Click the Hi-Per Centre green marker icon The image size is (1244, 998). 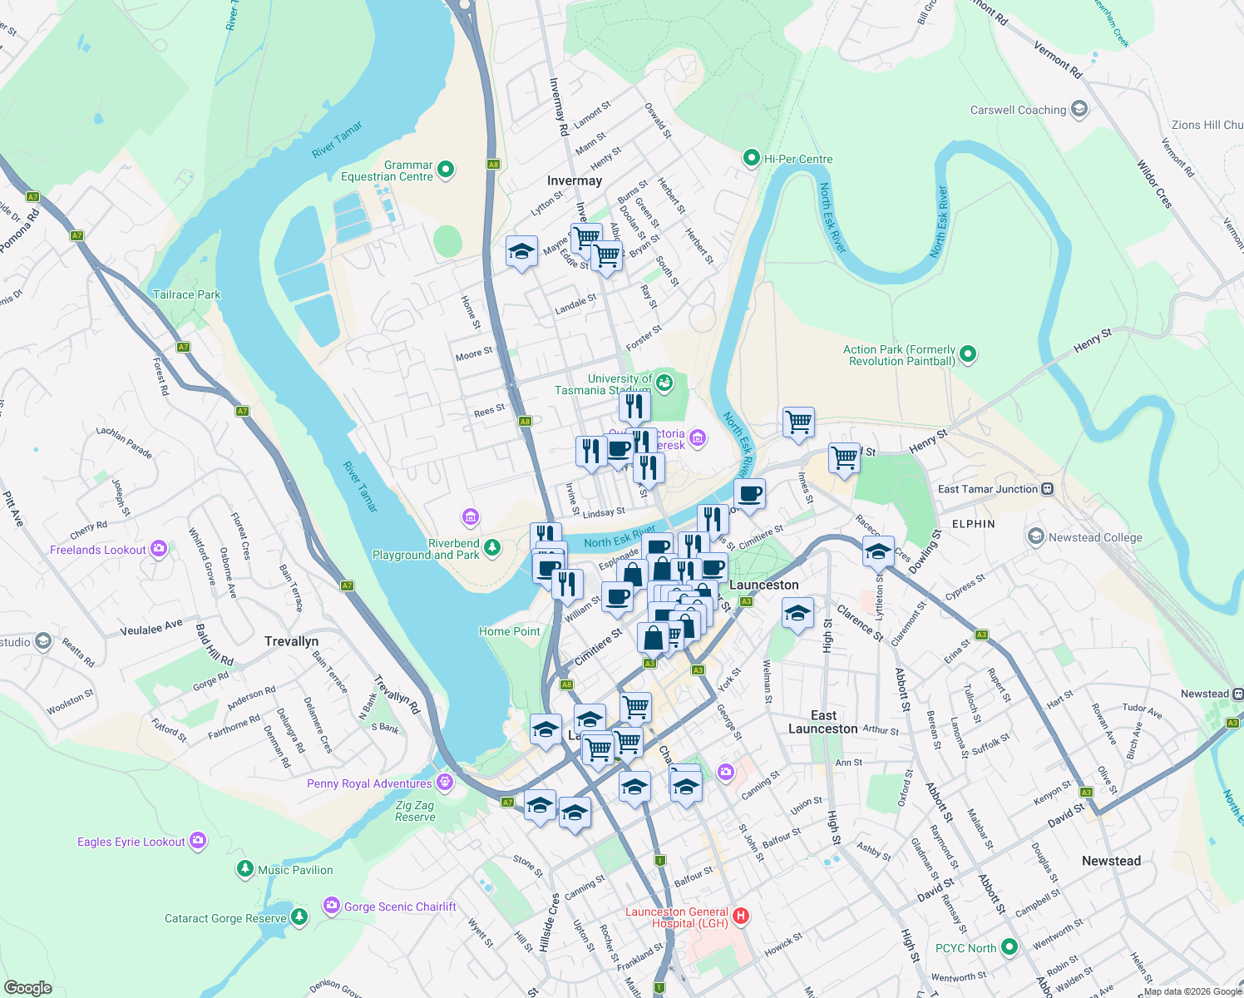click(752, 158)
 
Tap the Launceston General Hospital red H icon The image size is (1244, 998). click(740, 916)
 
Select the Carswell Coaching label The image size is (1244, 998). click(1018, 110)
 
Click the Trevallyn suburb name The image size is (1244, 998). click(291, 641)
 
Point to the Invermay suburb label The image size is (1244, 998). click(574, 180)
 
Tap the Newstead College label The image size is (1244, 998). click(1095, 537)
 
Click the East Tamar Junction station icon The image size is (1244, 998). click(1048, 489)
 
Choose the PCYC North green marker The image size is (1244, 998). click(1010, 947)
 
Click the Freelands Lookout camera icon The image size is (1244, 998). click(159, 549)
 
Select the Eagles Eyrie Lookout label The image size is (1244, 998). click(131, 842)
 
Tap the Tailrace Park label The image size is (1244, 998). click(187, 294)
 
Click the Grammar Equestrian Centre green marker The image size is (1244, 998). click(446, 170)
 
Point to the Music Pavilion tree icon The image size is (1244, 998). click(244, 869)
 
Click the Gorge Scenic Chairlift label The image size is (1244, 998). click(400, 907)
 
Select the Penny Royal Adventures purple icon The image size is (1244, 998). click(445, 783)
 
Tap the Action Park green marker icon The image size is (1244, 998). click(967, 355)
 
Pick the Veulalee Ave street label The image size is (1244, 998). click(151, 628)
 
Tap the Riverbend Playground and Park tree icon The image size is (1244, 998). click(492, 547)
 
